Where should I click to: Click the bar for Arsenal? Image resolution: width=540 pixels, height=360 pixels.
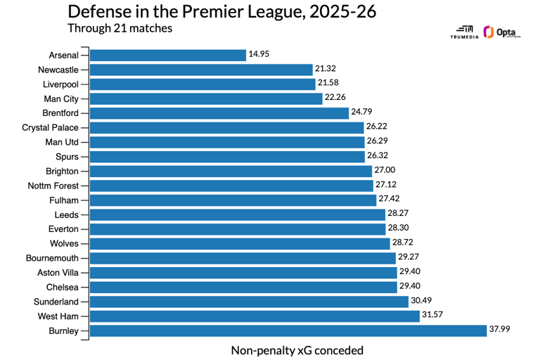point(168,55)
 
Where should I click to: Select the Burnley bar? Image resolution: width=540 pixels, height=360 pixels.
point(288,330)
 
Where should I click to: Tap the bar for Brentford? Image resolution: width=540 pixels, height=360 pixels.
point(219,113)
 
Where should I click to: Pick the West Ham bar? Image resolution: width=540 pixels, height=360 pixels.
point(255,316)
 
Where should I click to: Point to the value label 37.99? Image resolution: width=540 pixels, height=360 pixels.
point(500,330)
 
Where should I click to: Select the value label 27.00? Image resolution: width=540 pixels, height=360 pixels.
point(385,171)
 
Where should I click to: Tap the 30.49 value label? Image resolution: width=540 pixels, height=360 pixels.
point(421,301)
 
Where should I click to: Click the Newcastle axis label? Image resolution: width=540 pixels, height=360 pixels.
point(58,70)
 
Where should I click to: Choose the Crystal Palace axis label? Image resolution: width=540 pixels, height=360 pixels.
point(50,127)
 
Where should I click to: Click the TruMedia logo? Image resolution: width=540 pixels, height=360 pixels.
point(465,33)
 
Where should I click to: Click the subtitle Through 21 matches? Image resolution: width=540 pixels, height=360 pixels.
point(120,29)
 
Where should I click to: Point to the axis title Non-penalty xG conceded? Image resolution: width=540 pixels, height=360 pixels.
point(297,349)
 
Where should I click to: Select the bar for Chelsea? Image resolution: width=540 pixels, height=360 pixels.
point(243,287)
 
